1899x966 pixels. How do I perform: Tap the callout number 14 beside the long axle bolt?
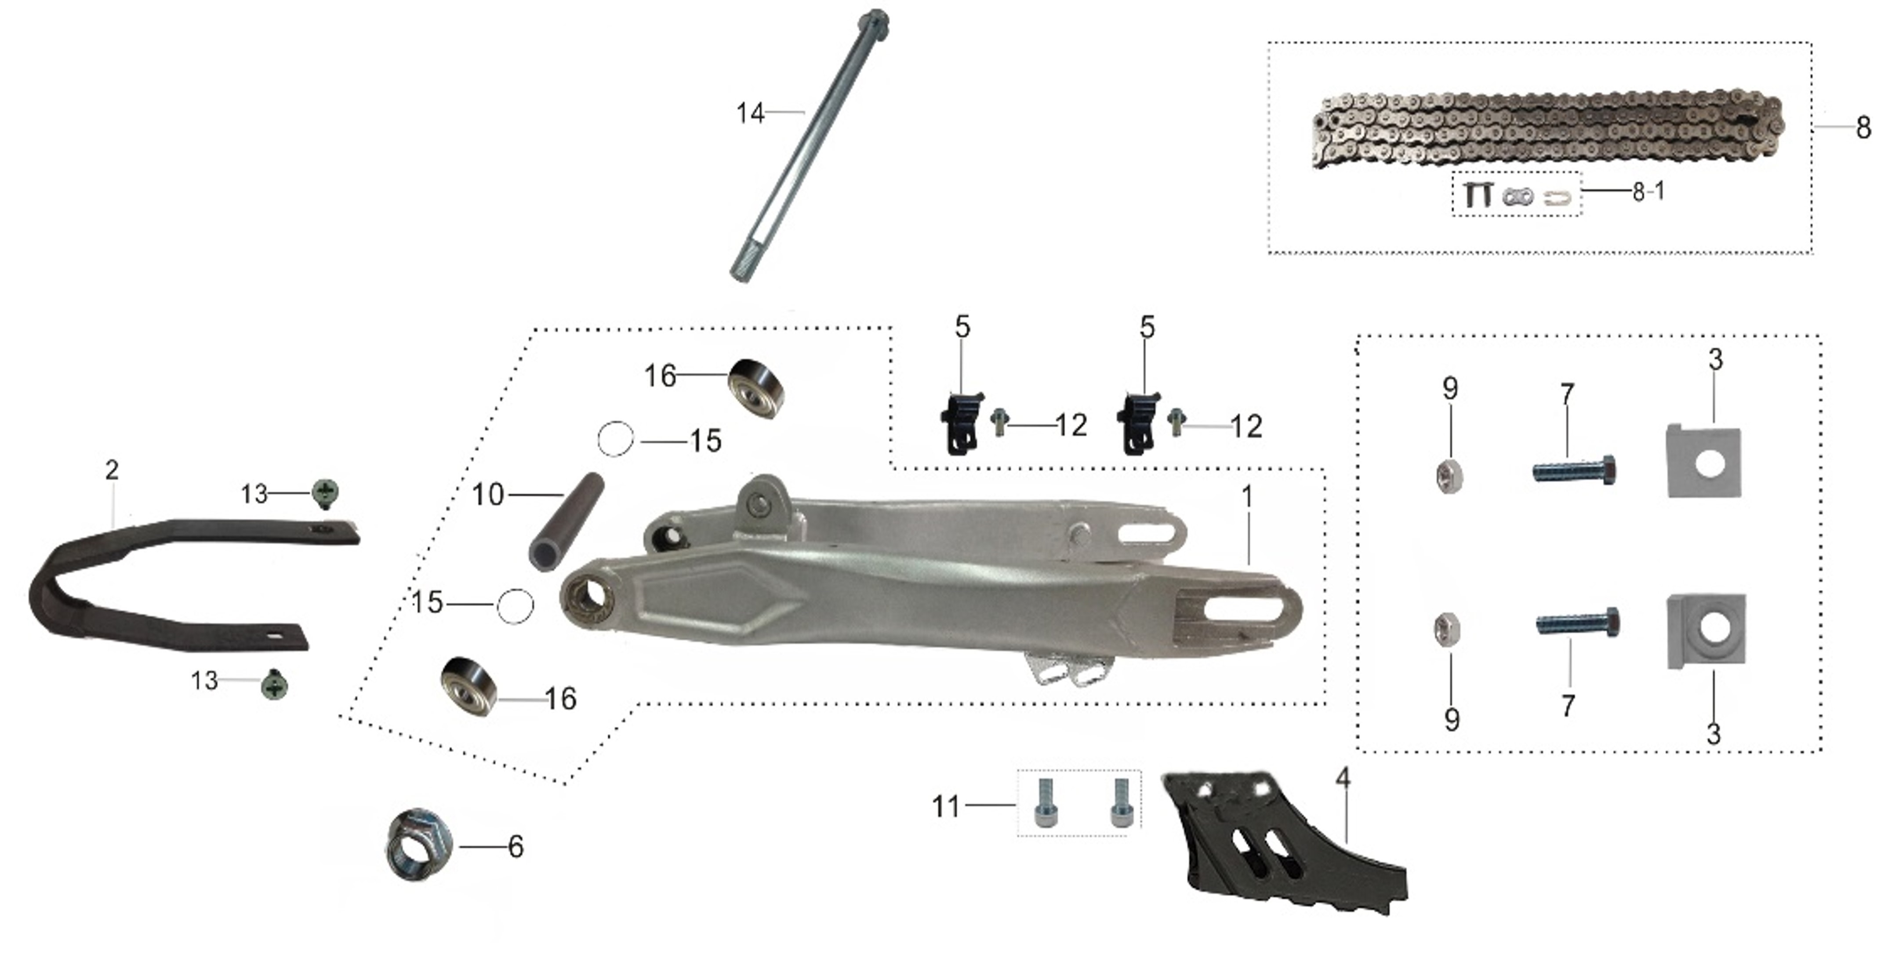[x=751, y=113]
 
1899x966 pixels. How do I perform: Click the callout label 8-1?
[x=1648, y=192]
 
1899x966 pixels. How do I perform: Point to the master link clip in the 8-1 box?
[x=1557, y=197]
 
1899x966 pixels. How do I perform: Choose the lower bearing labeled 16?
[x=469, y=685]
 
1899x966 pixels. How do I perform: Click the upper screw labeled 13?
[x=325, y=492]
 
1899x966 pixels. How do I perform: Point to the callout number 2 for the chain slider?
[x=112, y=470]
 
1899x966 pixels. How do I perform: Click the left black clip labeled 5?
[x=962, y=425]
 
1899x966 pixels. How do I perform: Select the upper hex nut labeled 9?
[x=1450, y=476]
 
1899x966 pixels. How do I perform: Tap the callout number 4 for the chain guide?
[x=1343, y=778]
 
